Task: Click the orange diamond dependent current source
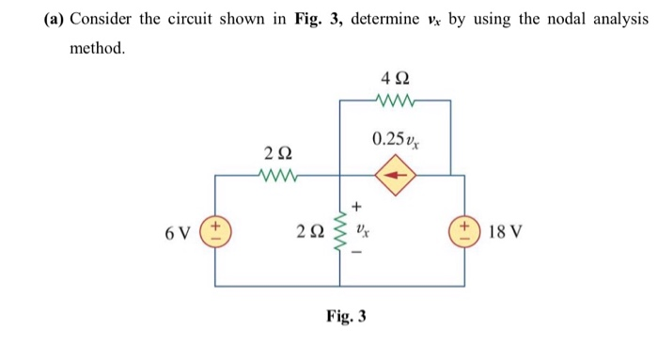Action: [395, 175]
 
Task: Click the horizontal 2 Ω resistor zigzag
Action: [279, 174]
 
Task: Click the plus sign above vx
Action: [357, 205]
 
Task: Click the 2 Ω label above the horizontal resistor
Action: [278, 152]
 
